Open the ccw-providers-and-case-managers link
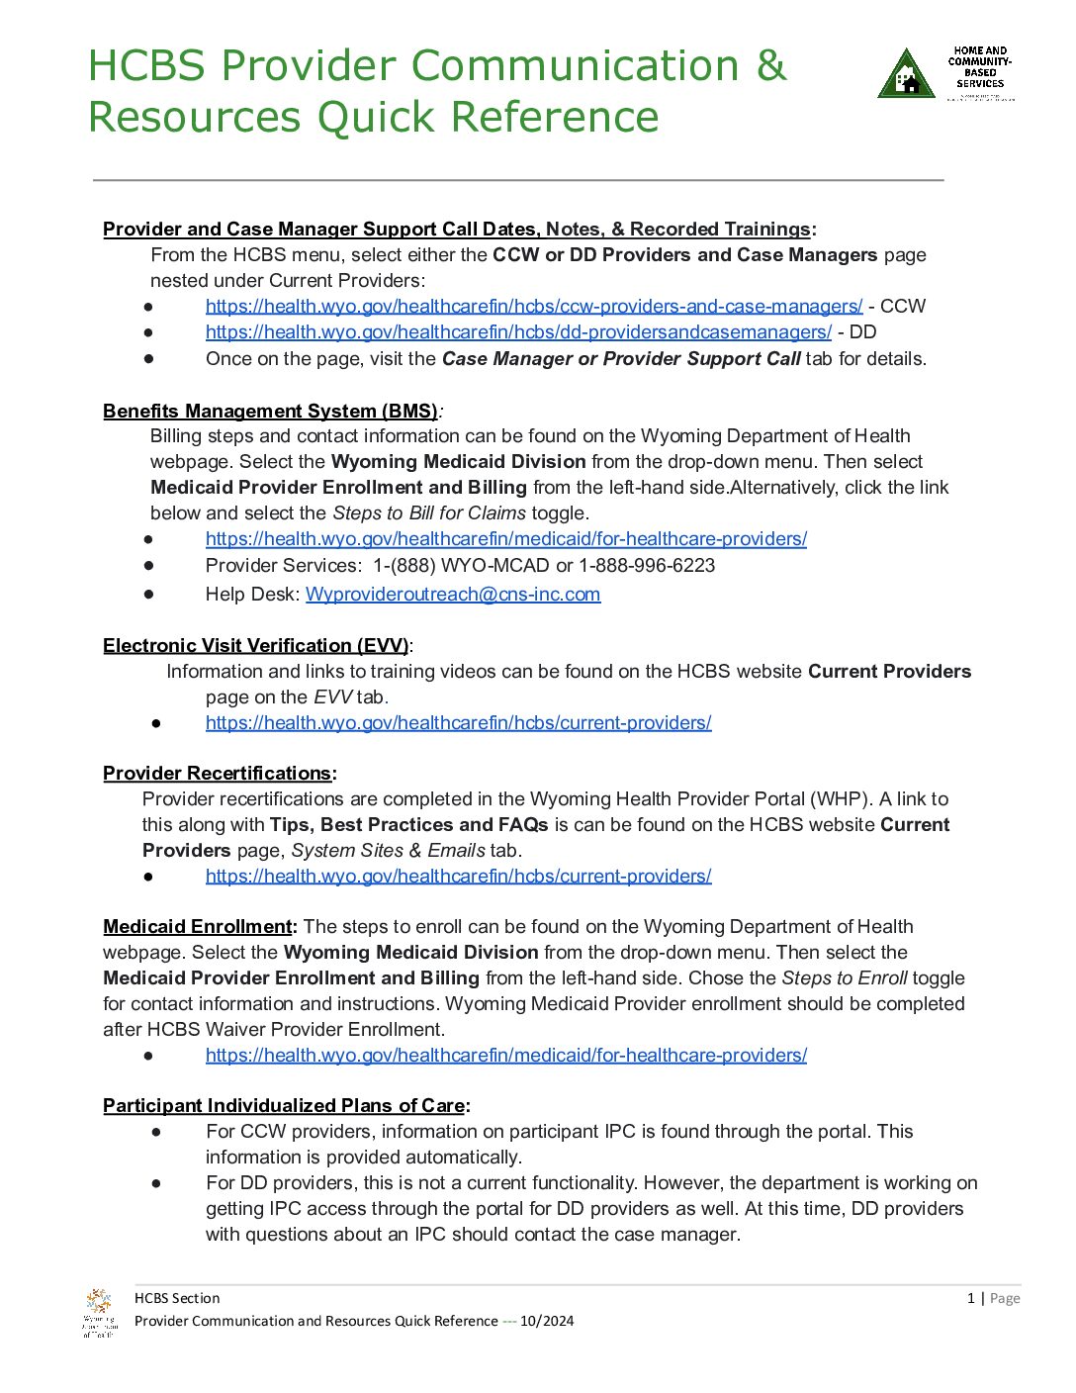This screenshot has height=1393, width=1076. tap(533, 307)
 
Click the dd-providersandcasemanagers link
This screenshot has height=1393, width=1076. tap(518, 332)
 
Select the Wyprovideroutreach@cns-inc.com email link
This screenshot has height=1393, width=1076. tap(453, 595)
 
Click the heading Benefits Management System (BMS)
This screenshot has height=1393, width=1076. tap(270, 412)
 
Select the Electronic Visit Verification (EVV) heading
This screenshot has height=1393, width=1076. tap(255, 646)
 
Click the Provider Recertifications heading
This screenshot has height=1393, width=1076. tap(218, 774)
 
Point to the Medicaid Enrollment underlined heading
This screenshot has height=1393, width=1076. tap(198, 927)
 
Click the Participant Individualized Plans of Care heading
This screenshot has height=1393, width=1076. tap(284, 1106)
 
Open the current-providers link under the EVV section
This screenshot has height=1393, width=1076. tap(458, 723)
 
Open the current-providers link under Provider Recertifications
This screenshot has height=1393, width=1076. tap(458, 877)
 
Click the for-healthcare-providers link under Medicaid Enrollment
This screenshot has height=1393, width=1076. tap(505, 1056)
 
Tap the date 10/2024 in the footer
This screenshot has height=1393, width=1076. tap(547, 1321)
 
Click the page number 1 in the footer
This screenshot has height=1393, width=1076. tap(971, 1298)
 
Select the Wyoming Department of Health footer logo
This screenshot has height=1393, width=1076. tap(98, 1312)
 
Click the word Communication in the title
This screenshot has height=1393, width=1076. tap(575, 66)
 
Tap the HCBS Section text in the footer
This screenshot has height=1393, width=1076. tap(177, 1298)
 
